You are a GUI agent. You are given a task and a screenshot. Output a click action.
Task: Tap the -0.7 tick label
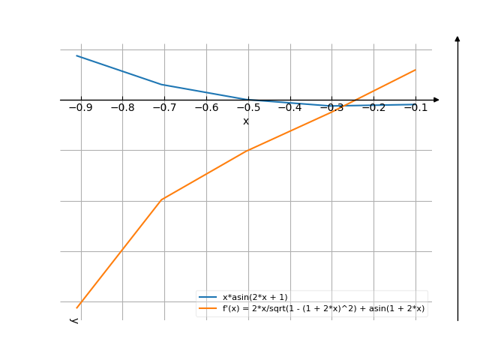tap(163, 108)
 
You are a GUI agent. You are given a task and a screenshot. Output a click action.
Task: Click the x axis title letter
tap(245, 121)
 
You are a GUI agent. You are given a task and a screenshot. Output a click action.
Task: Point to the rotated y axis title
tap(74, 320)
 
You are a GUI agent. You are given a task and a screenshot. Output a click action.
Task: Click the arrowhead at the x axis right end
tap(436, 100)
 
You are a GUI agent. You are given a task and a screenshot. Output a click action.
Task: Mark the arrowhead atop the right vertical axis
tap(457, 37)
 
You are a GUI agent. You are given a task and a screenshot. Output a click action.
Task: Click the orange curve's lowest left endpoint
tap(76, 307)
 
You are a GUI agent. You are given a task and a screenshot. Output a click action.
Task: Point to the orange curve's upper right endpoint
tap(415, 70)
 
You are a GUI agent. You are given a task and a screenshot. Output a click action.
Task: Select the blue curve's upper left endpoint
tap(76, 55)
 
